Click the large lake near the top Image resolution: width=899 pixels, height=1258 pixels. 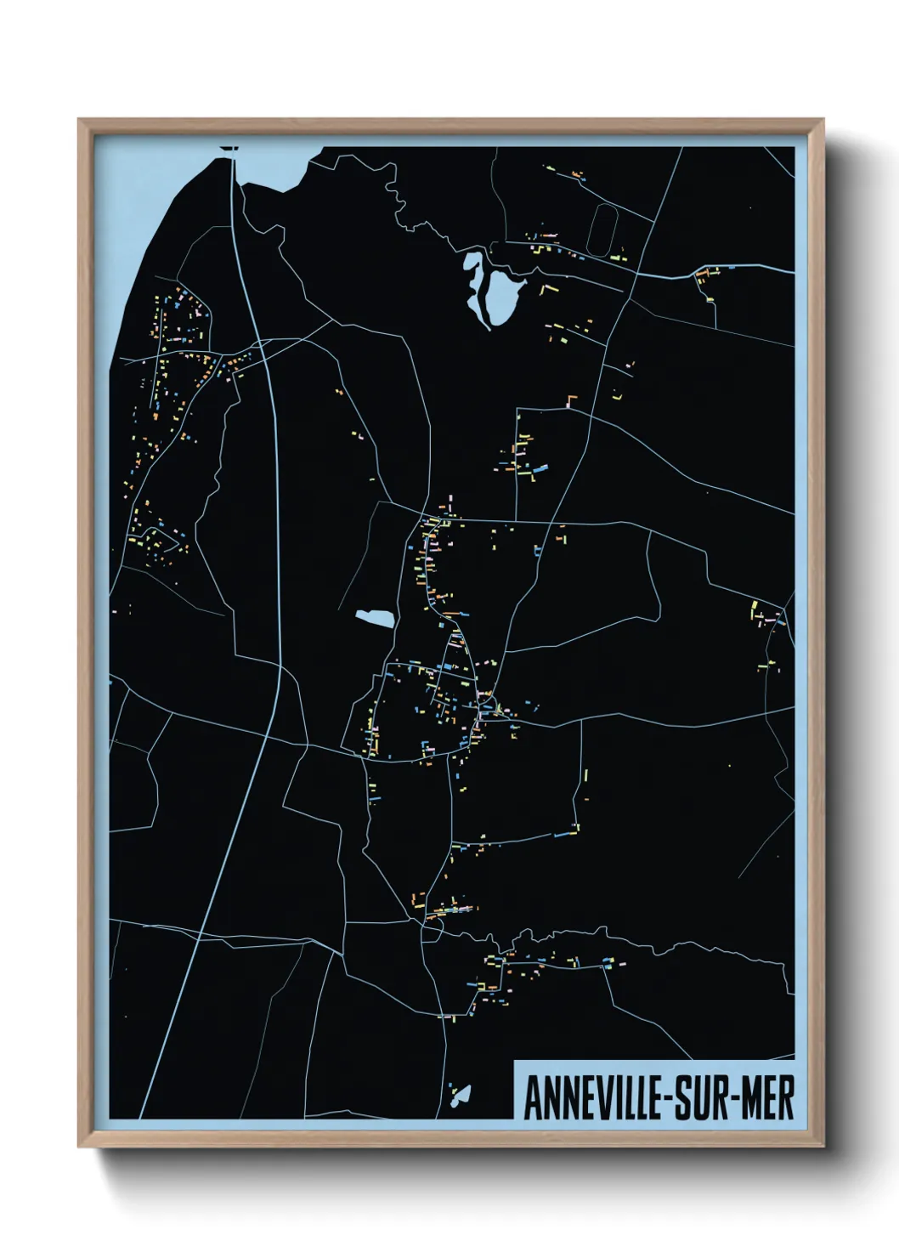(x=502, y=293)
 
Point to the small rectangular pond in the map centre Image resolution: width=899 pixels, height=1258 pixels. (x=375, y=618)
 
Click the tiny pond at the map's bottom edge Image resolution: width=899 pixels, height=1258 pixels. (x=461, y=1094)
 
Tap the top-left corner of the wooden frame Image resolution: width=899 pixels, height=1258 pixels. (x=81, y=122)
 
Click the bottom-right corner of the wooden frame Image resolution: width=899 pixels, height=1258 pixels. (x=822, y=1144)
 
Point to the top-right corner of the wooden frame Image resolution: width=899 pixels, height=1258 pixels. (x=822, y=122)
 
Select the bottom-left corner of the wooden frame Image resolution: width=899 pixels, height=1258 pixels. (x=81, y=1144)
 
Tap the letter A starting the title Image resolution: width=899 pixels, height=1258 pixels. (x=533, y=1099)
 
